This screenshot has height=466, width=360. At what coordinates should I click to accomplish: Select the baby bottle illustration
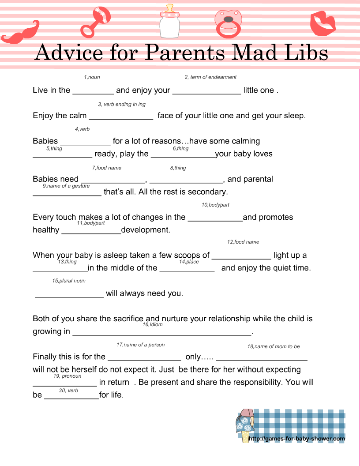(x=170, y=22)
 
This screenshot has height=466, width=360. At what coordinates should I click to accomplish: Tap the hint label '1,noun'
(x=92, y=77)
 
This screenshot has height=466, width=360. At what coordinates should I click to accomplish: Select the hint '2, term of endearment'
(x=210, y=77)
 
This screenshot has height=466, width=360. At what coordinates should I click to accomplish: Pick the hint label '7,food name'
(x=107, y=168)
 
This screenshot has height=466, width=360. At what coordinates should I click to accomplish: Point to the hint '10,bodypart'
(x=215, y=205)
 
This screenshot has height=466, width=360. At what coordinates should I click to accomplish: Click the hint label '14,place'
(x=189, y=262)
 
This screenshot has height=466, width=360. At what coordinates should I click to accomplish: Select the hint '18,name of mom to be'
(x=273, y=346)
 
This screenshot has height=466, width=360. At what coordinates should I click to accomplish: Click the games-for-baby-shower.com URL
(x=297, y=439)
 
